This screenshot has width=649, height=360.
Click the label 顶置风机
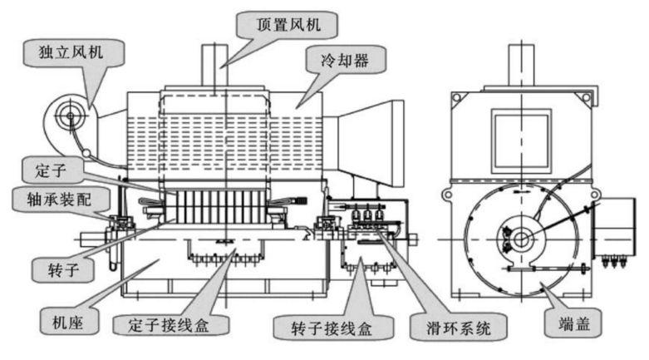pyautogui.click(x=288, y=25)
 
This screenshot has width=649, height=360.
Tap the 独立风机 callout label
pyautogui.click(x=71, y=52)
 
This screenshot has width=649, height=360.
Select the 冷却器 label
pyautogui.click(x=345, y=61)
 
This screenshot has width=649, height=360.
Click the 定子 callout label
pyautogui.click(x=51, y=170)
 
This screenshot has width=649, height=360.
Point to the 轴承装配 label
pyautogui.click(x=59, y=200)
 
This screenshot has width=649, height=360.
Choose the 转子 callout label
pyautogui.click(x=63, y=270)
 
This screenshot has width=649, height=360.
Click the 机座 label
pyautogui.click(x=68, y=322)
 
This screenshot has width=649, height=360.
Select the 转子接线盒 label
pyautogui.click(x=332, y=328)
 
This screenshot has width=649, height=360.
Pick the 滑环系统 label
pyautogui.click(x=459, y=328)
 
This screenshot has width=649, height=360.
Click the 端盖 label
pyautogui.click(x=574, y=323)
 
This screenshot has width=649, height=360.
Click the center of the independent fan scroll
pyautogui.click(x=71, y=116)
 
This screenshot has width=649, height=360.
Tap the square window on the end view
pyautogui.click(x=522, y=141)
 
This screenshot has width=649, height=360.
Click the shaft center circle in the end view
pyautogui.click(x=522, y=239)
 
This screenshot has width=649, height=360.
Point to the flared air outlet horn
pyautogui.click(x=363, y=143)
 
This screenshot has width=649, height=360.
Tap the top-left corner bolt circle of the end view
pyautogui.click(x=456, y=98)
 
